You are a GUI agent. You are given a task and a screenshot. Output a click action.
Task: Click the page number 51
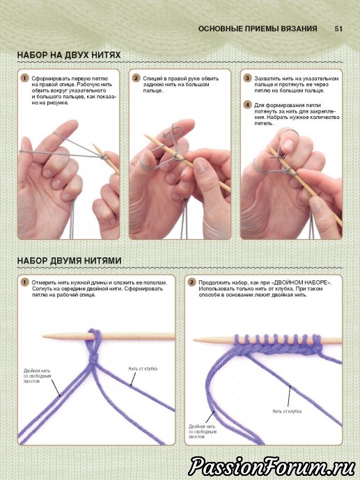point(338,29)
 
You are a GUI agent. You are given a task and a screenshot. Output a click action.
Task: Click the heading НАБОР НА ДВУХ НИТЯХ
point(69,55)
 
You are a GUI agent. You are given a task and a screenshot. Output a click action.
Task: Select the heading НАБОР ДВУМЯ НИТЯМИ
point(69,261)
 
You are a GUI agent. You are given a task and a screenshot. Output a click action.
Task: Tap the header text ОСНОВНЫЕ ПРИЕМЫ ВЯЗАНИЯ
point(258,29)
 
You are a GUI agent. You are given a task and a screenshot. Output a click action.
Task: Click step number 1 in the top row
point(25,78)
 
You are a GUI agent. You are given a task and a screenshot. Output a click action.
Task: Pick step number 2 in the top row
point(136,78)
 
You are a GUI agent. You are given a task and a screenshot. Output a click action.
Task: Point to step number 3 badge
point(247,78)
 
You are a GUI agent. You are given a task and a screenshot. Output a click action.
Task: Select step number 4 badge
point(247,104)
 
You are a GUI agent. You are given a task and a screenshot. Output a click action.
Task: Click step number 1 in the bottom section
point(25,282)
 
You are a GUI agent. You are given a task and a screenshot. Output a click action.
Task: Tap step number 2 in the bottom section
point(191,282)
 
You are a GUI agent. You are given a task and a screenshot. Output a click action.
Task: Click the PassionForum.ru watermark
point(272,466)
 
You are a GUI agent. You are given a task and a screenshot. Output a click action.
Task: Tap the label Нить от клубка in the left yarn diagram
point(143,369)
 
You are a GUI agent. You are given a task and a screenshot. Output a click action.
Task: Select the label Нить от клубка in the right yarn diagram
point(287,411)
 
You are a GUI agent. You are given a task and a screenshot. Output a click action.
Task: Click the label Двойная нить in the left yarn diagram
point(37,371)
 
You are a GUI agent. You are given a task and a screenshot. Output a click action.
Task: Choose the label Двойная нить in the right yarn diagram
point(202,426)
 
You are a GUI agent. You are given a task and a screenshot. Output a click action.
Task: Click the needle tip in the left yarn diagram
point(43,337)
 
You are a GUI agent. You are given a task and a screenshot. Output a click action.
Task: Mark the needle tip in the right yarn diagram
point(194,339)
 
